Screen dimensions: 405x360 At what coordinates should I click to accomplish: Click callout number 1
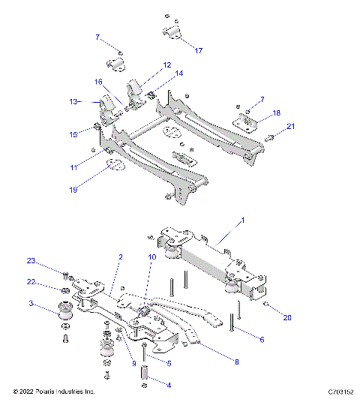point(242,222)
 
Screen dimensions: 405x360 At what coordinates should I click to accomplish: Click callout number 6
point(261,340)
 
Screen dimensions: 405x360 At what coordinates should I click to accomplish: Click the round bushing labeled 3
point(65,310)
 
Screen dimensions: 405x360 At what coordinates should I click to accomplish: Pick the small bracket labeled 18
point(247,121)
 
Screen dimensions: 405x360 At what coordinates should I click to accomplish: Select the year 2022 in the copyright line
point(28,391)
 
